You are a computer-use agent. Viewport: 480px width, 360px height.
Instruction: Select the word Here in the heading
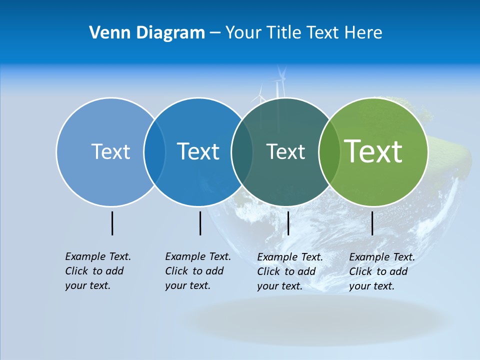tap(363, 32)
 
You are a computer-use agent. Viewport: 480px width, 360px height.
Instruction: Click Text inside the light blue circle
tap(110, 151)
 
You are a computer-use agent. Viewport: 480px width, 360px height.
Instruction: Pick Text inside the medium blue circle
tap(198, 151)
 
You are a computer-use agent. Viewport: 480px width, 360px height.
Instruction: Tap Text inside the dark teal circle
tap(285, 151)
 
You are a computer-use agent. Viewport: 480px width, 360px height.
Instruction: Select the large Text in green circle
tap(373, 151)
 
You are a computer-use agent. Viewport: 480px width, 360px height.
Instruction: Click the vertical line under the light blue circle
tap(112, 223)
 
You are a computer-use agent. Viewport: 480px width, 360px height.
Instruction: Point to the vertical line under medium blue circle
tap(200, 223)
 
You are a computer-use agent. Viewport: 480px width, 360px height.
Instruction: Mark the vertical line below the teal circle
tap(288, 223)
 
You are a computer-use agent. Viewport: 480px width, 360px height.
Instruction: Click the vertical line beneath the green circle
tap(372, 223)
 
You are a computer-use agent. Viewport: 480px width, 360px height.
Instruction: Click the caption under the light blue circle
tap(97, 271)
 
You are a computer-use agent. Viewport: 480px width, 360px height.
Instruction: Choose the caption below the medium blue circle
tap(197, 271)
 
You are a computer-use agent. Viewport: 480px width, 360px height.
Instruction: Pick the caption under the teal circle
tap(289, 271)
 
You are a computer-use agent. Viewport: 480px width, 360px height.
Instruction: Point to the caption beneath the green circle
tap(381, 271)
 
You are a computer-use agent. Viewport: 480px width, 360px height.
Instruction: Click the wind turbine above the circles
tap(280, 82)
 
